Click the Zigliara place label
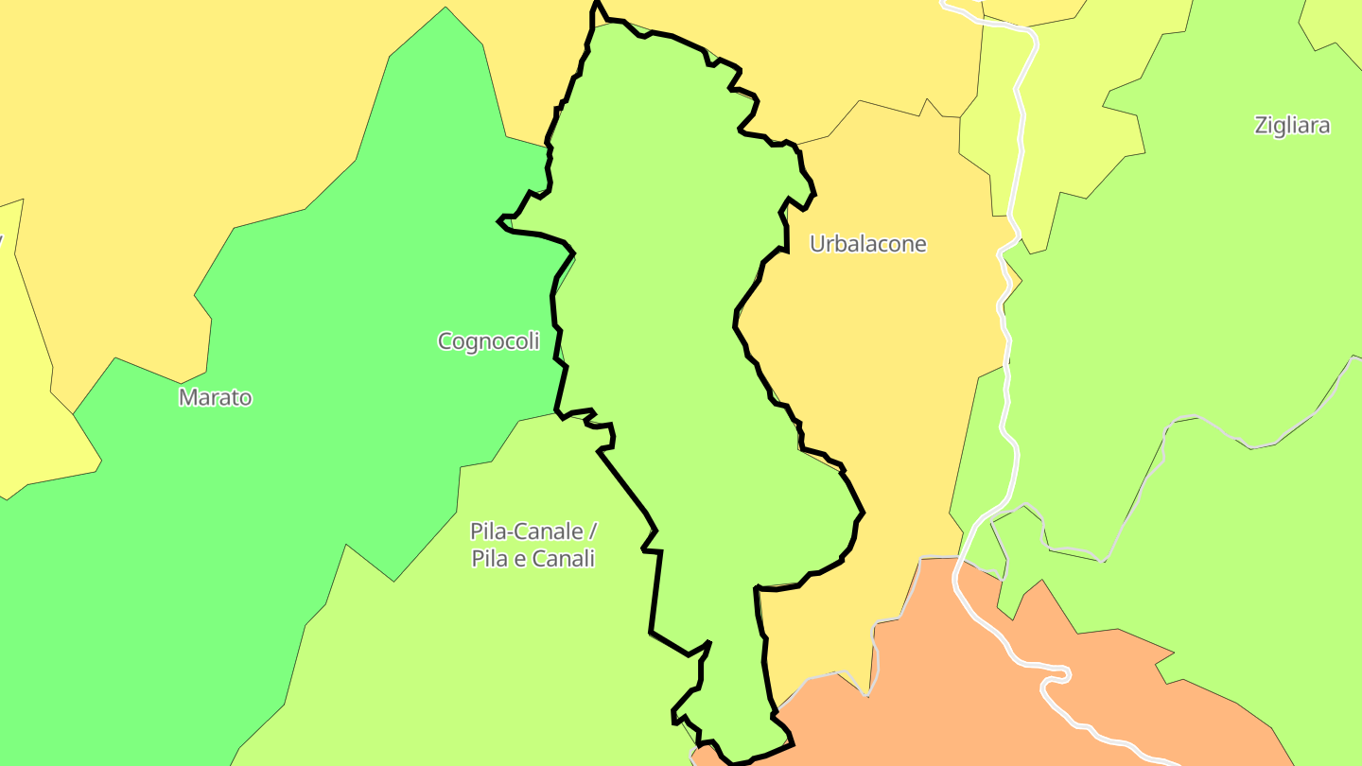[1292, 126]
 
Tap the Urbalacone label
[867, 244]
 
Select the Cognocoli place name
[488, 341]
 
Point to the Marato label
[216, 398]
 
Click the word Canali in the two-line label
[563, 559]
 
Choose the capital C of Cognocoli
[445, 341]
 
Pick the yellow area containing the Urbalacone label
[880, 378]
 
